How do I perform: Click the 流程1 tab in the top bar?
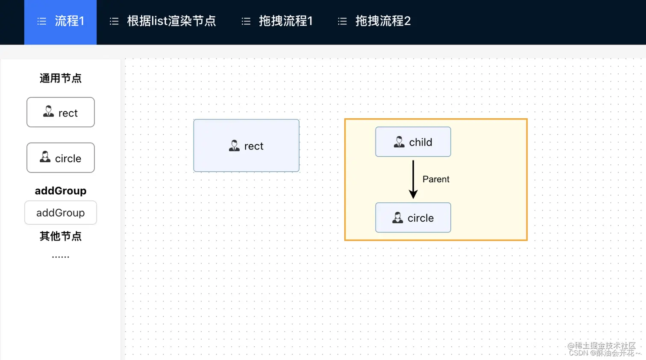[x=61, y=21]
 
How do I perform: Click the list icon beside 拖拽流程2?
[x=342, y=21]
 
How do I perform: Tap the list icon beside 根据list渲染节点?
[x=114, y=21]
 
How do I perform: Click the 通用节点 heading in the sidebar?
[x=61, y=79]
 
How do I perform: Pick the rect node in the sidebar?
[x=61, y=112]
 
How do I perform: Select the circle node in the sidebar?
[x=61, y=158]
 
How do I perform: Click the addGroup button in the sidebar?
[x=61, y=213]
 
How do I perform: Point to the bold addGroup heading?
[x=61, y=191]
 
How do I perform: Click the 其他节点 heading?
[x=61, y=236]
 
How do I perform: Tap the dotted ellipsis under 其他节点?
[x=61, y=257]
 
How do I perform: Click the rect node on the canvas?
[x=247, y=146]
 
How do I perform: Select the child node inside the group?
[x=413, y=142]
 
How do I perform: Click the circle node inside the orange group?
[x=413, y=218]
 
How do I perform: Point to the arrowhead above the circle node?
[x=413, y=195]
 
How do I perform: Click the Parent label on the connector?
[x=436, y=179]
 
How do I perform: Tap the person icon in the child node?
[x=399, y=142]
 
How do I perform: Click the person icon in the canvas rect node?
[x=234, y=146]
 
